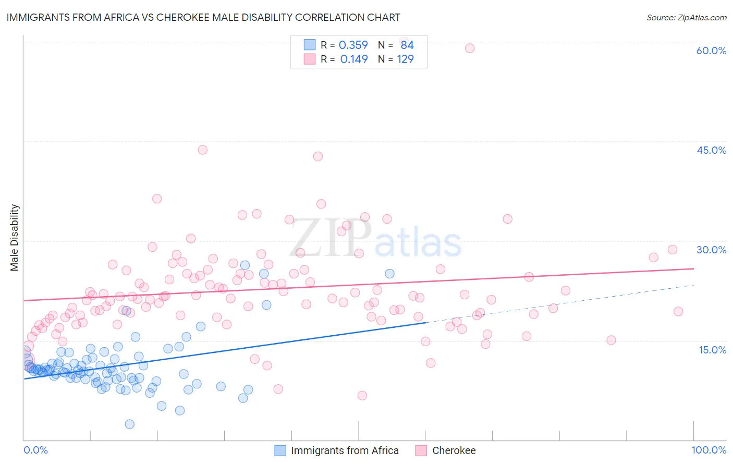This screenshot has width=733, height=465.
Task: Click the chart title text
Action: coord(203,17)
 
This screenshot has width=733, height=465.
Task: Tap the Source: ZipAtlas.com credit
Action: coord(686,17)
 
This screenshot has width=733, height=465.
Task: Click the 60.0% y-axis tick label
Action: coord(711,51)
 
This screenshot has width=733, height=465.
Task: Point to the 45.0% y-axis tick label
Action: coord(711,150)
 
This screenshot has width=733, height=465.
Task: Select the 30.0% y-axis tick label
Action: coord(711,250)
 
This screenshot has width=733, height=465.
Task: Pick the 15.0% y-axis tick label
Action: coord(712,350)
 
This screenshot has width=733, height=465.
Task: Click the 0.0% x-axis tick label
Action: coord(35,450)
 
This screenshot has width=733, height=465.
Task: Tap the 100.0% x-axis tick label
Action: coord(708,450)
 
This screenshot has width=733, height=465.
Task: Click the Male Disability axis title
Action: coord(15,238)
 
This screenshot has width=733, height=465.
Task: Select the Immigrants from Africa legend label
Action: coord(345,450)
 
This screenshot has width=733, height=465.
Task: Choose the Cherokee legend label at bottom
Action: coord(454,450)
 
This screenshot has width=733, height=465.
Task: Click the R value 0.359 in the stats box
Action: coord(353,45)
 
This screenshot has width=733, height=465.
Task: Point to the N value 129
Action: coord(405,59)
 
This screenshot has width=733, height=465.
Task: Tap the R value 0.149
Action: coord(354,59)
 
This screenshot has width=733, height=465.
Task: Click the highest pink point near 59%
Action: coord(470,48)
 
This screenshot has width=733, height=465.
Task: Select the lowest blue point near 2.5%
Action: coord(130,424)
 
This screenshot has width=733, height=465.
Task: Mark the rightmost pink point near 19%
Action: coord(678,311)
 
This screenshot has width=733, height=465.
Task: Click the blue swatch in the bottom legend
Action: coord(280,450)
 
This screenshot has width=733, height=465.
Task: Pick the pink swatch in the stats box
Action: coord(310,59)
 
